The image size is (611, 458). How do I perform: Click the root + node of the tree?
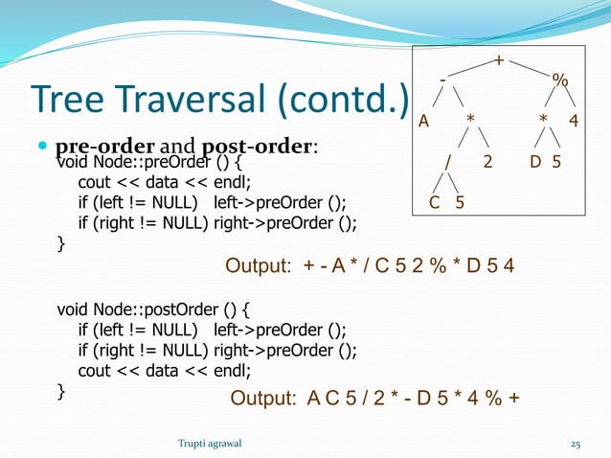[497, 61]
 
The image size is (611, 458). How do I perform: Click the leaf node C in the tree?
[434, 202]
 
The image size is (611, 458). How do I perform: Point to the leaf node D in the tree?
[536, 161]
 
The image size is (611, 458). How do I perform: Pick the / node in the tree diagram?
[447, 161]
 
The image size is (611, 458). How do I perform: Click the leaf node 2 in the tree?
[488, 161]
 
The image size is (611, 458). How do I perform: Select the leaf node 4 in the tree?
[573, 121]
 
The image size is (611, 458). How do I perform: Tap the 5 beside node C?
[460, 202]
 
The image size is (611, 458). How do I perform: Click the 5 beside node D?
[556, 161]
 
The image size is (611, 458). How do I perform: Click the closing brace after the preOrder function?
[63, 244]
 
